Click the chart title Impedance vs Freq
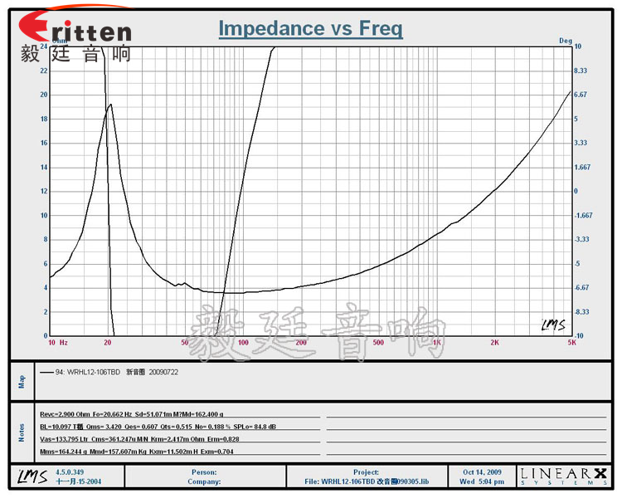click(310, 29)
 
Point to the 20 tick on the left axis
click(44, 95)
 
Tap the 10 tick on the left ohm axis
click(44, 215)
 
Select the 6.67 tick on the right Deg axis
click(581, 95)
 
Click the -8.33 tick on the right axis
click(581, 312)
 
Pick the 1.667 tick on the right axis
click(581, 167)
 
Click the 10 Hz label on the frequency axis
click(57, 342)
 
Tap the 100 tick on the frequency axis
click(243, 342)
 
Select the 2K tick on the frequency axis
click(494, 342)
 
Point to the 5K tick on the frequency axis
click(571, 342)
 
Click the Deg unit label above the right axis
click(566, 40)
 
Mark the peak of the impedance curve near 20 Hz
click(110, 105)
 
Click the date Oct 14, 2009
click(481, 471)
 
